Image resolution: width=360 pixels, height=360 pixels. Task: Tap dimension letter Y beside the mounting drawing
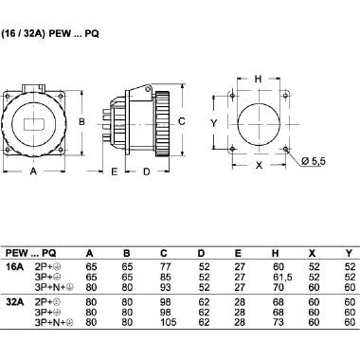216,123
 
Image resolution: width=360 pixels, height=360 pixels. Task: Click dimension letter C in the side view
181,121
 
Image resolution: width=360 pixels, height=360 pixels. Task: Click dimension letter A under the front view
33,172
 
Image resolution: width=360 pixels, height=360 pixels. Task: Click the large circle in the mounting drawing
259,123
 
